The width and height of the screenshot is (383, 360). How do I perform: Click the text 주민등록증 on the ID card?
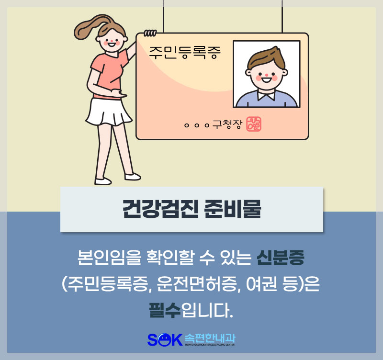pyautogui.click(x=185, y=53)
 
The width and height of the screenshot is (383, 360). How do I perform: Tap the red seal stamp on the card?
pyautogui.click(x=254, y=124)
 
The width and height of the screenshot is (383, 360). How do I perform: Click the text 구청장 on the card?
pyautogui.click(x=227, y=124)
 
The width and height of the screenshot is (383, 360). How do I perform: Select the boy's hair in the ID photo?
pyautogui.click(x=266, y=58)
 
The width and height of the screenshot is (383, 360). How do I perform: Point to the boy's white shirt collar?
pyautogui.click(x=266, y=95)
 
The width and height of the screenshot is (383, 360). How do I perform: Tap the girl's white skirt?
pyautogui.click(x=109, y=112)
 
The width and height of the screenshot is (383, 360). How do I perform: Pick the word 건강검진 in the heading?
pyautogui.click(x=160, y=209)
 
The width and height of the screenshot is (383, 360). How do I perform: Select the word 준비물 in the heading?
pyautogui.click(x=232, y=209)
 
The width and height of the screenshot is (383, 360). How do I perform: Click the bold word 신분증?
pyautogui.click(x=281, y=258)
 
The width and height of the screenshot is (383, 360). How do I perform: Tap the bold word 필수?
pyautogui.click(x=165, y=310)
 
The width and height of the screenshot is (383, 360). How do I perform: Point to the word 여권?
pyautogui.click(x=261, y=284)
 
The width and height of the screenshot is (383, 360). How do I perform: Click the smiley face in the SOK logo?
pyautogui.click(x=164, y=339)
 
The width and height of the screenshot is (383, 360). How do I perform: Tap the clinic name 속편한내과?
pyautogui.click(x=210, y=338)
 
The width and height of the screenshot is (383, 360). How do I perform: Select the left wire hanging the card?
pyautogui.click(x=163, y=16)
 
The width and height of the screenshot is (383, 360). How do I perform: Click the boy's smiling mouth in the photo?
pyautogui.click(x=266, y=79)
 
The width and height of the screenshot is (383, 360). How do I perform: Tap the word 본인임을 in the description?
pyautogui.click(x=110, y=258)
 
